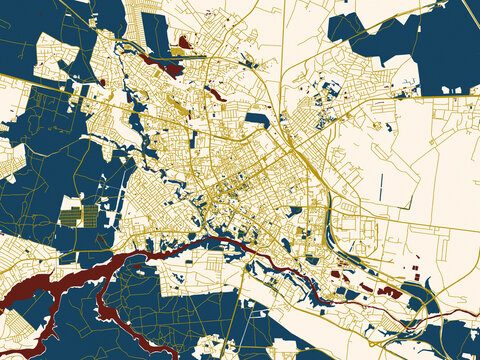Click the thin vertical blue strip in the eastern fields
[381, 185]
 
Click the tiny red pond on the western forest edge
[102, 82]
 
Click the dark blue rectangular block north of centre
[257, 119]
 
